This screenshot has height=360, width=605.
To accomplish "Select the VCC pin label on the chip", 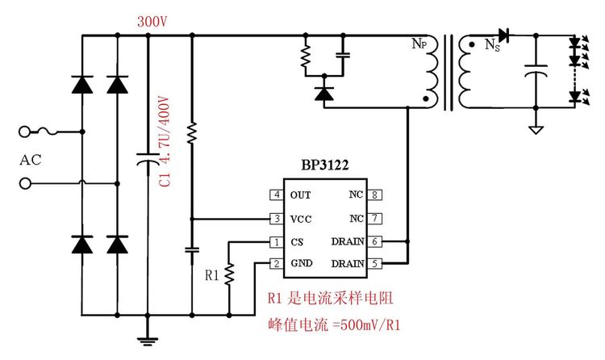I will click(x=300, y=219).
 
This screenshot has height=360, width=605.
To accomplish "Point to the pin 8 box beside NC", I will click(x=376, y=195).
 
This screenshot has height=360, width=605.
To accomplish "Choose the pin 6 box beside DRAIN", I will click(x=376, y=241).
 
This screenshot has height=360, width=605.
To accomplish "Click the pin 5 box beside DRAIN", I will click(x=376, y=263).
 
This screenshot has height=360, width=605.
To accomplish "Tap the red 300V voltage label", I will click(x=152, y=22).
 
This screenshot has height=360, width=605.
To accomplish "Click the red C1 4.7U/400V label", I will click(x=164, y=141).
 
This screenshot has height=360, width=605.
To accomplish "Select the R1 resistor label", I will click(x=212, y=275).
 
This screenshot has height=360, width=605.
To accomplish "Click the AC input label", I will click(x=30, y=159).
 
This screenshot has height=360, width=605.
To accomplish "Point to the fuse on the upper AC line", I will click(x=52, y=132).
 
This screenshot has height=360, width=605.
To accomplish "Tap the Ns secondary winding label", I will click(x=491, y=46).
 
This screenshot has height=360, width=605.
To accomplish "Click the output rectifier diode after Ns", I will click(x=505, y=35).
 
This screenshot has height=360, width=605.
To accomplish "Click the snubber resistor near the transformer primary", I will click(x=306, y=57).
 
